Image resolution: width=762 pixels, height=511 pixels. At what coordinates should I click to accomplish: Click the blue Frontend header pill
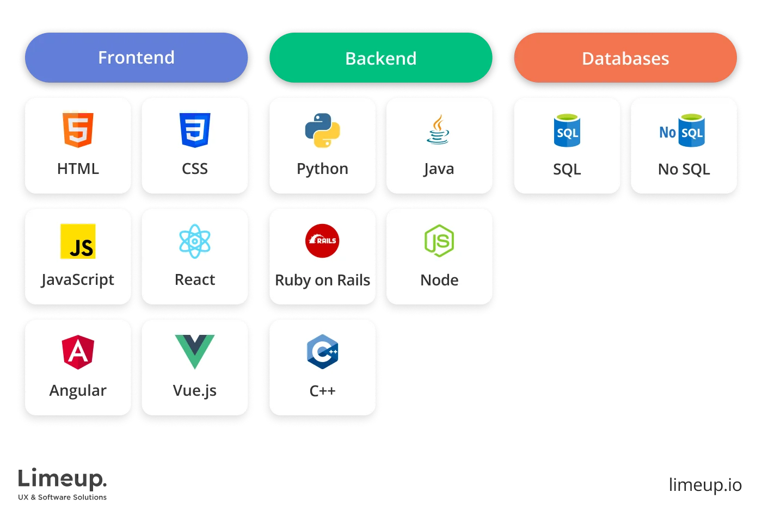point(136,58)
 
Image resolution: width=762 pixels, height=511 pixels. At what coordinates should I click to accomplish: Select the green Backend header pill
point(380,58)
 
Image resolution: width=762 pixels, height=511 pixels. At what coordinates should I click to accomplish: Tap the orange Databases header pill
point(625,58)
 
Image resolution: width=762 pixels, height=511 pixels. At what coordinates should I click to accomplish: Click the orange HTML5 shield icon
point(78,130)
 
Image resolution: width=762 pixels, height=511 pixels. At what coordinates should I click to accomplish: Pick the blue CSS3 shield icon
point(195,130)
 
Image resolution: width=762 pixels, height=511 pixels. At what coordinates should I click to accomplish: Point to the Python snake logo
point(322,130)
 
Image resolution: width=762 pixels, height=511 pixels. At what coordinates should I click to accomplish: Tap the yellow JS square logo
point(78,241)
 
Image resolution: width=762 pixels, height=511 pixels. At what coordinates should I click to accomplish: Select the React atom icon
point(195,241)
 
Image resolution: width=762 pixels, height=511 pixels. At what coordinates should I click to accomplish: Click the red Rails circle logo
point(322,240)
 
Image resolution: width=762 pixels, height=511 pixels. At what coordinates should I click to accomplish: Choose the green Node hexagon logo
point(439,241)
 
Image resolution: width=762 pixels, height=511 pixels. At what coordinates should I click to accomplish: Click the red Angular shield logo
point(78,352)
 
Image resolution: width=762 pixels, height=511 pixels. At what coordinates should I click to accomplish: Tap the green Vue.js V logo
point(195,351)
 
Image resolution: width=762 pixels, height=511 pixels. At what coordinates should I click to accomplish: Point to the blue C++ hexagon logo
point(322,352)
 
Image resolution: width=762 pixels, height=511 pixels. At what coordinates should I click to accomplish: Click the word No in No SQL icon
point(667,132)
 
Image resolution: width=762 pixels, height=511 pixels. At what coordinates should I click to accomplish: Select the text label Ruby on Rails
point(322,280)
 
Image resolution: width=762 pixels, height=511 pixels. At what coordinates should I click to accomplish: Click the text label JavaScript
point(78,279)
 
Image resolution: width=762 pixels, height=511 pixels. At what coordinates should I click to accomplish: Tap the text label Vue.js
point(195,390)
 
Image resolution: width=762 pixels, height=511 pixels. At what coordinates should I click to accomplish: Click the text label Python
point(322,169)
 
